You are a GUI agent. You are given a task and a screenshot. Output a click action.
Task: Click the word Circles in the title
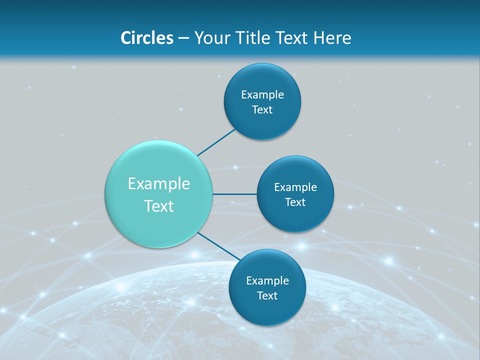[146, 38]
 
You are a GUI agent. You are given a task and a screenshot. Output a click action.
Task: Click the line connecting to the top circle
[216, 142]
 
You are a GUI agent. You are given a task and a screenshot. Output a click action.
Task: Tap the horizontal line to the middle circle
[234, 194]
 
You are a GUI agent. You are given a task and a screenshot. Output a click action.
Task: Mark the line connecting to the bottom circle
[218, 246]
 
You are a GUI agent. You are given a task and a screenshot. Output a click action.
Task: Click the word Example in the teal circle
[159, 184]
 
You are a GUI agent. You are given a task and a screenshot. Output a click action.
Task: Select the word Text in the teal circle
[159, 206]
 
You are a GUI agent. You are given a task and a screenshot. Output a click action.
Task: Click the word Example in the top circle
[262, 94]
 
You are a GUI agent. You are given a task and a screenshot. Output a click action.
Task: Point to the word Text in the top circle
[262, 109]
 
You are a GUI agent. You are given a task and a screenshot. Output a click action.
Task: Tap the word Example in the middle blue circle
[295, 187]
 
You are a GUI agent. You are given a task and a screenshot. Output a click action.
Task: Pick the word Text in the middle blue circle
[295, 202]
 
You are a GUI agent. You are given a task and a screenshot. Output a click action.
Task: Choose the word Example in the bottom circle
[267, 280]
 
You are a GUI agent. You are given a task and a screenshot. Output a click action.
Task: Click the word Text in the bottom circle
[267, 295]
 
